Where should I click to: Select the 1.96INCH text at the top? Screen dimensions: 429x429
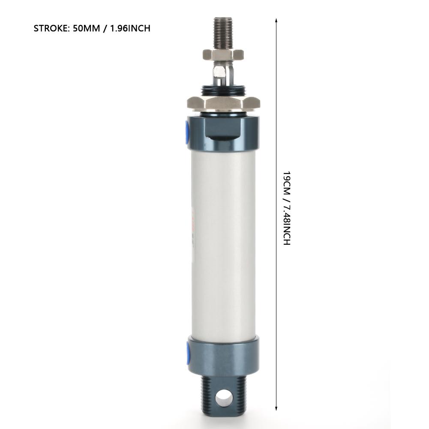(131, 29)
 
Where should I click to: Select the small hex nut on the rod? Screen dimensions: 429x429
(223, 54)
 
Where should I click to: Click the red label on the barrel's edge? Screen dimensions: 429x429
(193, 219)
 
